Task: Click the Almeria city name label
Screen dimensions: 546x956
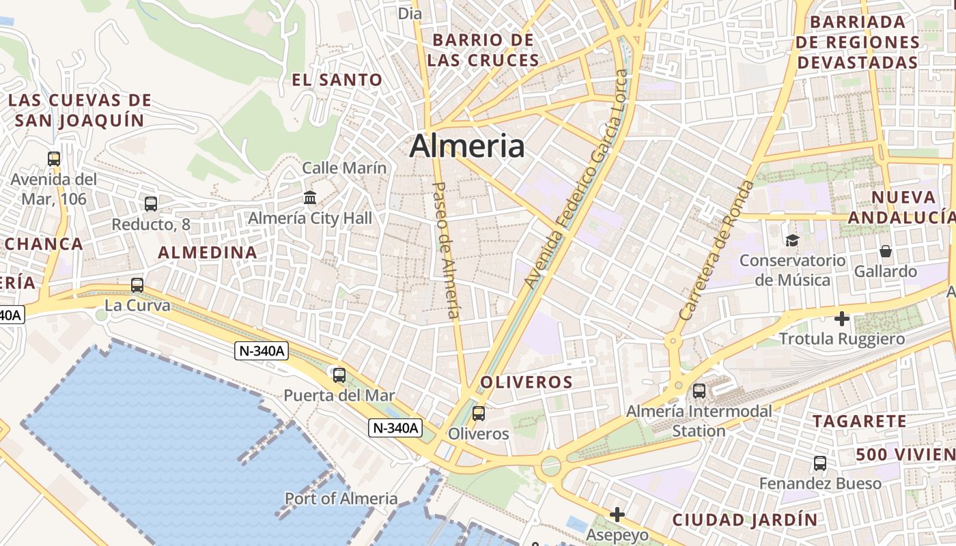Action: [x=467, y=146]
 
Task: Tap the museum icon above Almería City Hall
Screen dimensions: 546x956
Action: [x=310, y=198]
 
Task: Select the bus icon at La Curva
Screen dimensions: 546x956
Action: [x=137, y=285]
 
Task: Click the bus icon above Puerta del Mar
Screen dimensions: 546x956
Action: [x=339, y=375]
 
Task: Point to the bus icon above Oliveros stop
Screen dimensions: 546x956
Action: [x=479, y=413]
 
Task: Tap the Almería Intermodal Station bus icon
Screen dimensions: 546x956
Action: [x=699, y=391]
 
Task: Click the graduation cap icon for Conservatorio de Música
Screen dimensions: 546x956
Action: [x=792, y=240]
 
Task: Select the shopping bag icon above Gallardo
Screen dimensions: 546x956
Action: [x=886, y=251]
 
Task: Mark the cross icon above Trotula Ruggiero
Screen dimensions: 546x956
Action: [x=842, y=319]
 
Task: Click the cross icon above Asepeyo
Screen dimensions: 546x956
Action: [x=617, y=515]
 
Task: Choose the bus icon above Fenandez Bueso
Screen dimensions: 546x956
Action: [x=820, y=463]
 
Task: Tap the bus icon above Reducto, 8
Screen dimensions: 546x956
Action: [x=151, y=203]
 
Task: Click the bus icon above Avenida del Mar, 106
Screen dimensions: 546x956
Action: [x=54, y=159]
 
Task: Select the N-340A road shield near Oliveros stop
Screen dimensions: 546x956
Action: [x=395, y=429]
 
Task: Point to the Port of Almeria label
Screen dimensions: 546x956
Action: [x=341, y=498]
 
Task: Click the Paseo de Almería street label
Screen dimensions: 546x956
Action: [x=445, y=250]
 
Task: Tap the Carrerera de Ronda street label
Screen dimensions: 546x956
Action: [x=718, y=250]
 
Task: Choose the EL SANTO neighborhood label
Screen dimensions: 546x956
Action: [x=337, y=80]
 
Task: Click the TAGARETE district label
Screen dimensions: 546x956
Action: [x=859, y=421]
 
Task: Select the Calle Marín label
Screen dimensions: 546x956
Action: [x=344, y=168]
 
